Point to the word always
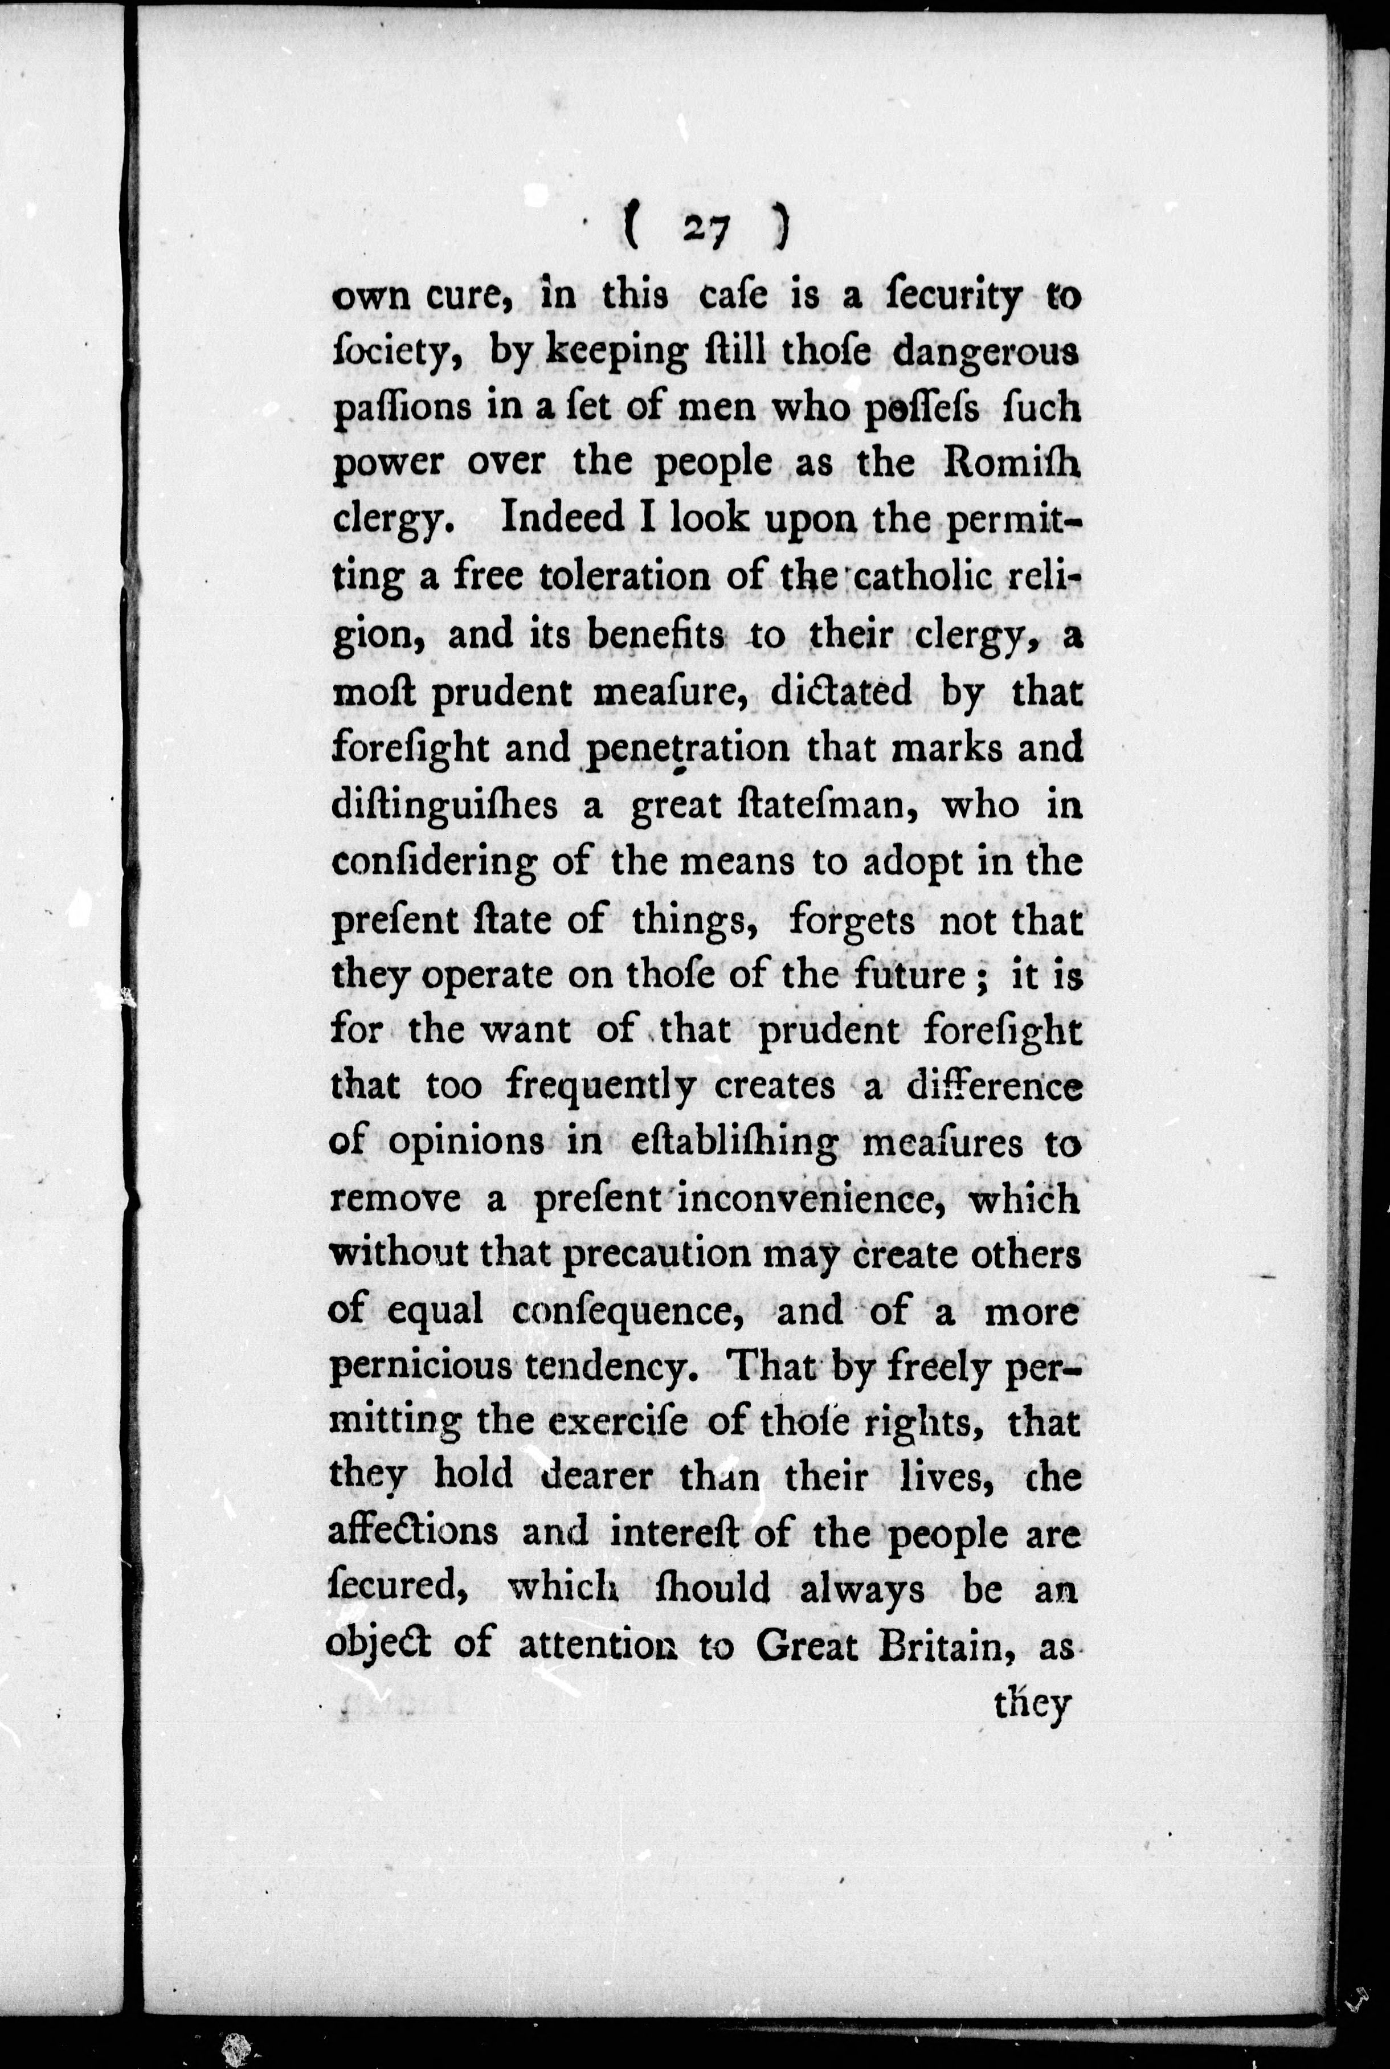[862, 1589]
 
